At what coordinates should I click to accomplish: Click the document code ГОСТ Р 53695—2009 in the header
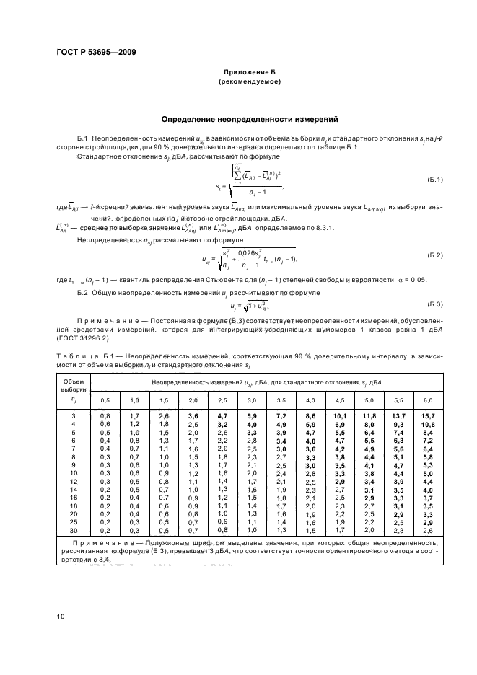96,53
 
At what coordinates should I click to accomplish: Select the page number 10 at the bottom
61,615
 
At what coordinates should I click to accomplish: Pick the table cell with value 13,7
398,416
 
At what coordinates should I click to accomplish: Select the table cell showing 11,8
369,416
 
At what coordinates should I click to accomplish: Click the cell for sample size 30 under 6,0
427,530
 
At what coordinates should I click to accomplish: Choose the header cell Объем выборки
73,385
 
